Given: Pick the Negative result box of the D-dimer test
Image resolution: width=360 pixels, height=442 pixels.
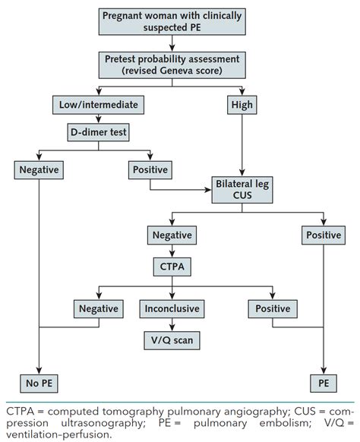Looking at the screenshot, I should pos(37,169).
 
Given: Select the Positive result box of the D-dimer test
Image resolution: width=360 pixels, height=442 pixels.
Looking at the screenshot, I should pos(150,169).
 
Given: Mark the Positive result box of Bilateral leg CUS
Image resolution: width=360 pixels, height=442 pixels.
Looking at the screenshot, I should pos(324,236).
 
